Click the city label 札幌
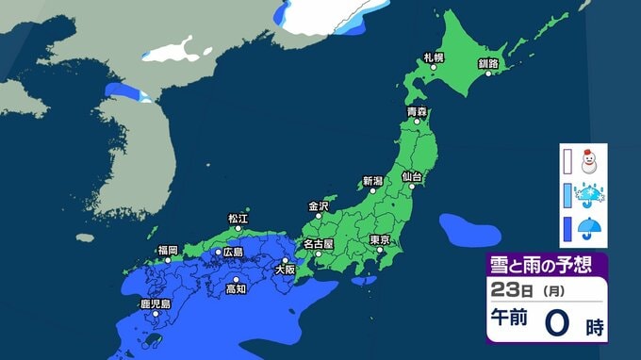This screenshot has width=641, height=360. pyautogui.click(x=434, y=58)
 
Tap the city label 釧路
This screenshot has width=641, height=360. pyautogui.click(x=488, y=63)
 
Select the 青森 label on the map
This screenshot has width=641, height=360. pyautogui.click(x=417, y=112)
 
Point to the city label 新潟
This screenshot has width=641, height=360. pyautogui.click(x=372, y=181)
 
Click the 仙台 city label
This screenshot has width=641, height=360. pyautogui.click(x=411, y=176)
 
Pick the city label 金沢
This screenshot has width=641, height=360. pyautogui.click(x=319, y=205)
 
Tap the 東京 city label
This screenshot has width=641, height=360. pyautogui.click(x=381, y=239)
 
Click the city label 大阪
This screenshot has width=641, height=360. pyautogui.click(x=284, y=270)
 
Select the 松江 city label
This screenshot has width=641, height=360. pyautogui.click(x=238, y=219)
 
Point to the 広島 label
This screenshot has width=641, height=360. pyautogui.click(x=231, y=253)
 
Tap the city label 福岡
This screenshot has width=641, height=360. pyautogui.click(x=168, y=250)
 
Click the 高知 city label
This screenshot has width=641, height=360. pyautogui.click(x=236, y=289)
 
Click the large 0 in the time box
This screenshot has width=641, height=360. pyautogui.click(x=557, y=323)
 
